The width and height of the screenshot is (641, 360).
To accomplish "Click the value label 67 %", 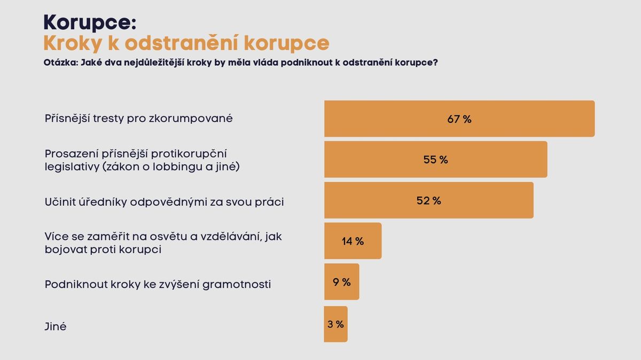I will pos(459,119).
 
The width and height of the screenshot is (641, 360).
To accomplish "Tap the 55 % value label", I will pos(435,160).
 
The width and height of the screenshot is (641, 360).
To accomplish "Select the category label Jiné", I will pos(56,326).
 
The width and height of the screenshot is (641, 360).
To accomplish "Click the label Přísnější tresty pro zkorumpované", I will pos(138,119).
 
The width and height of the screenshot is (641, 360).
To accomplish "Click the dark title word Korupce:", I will pos(90,22).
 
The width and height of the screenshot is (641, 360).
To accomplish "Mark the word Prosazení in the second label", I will pos(69,153).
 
